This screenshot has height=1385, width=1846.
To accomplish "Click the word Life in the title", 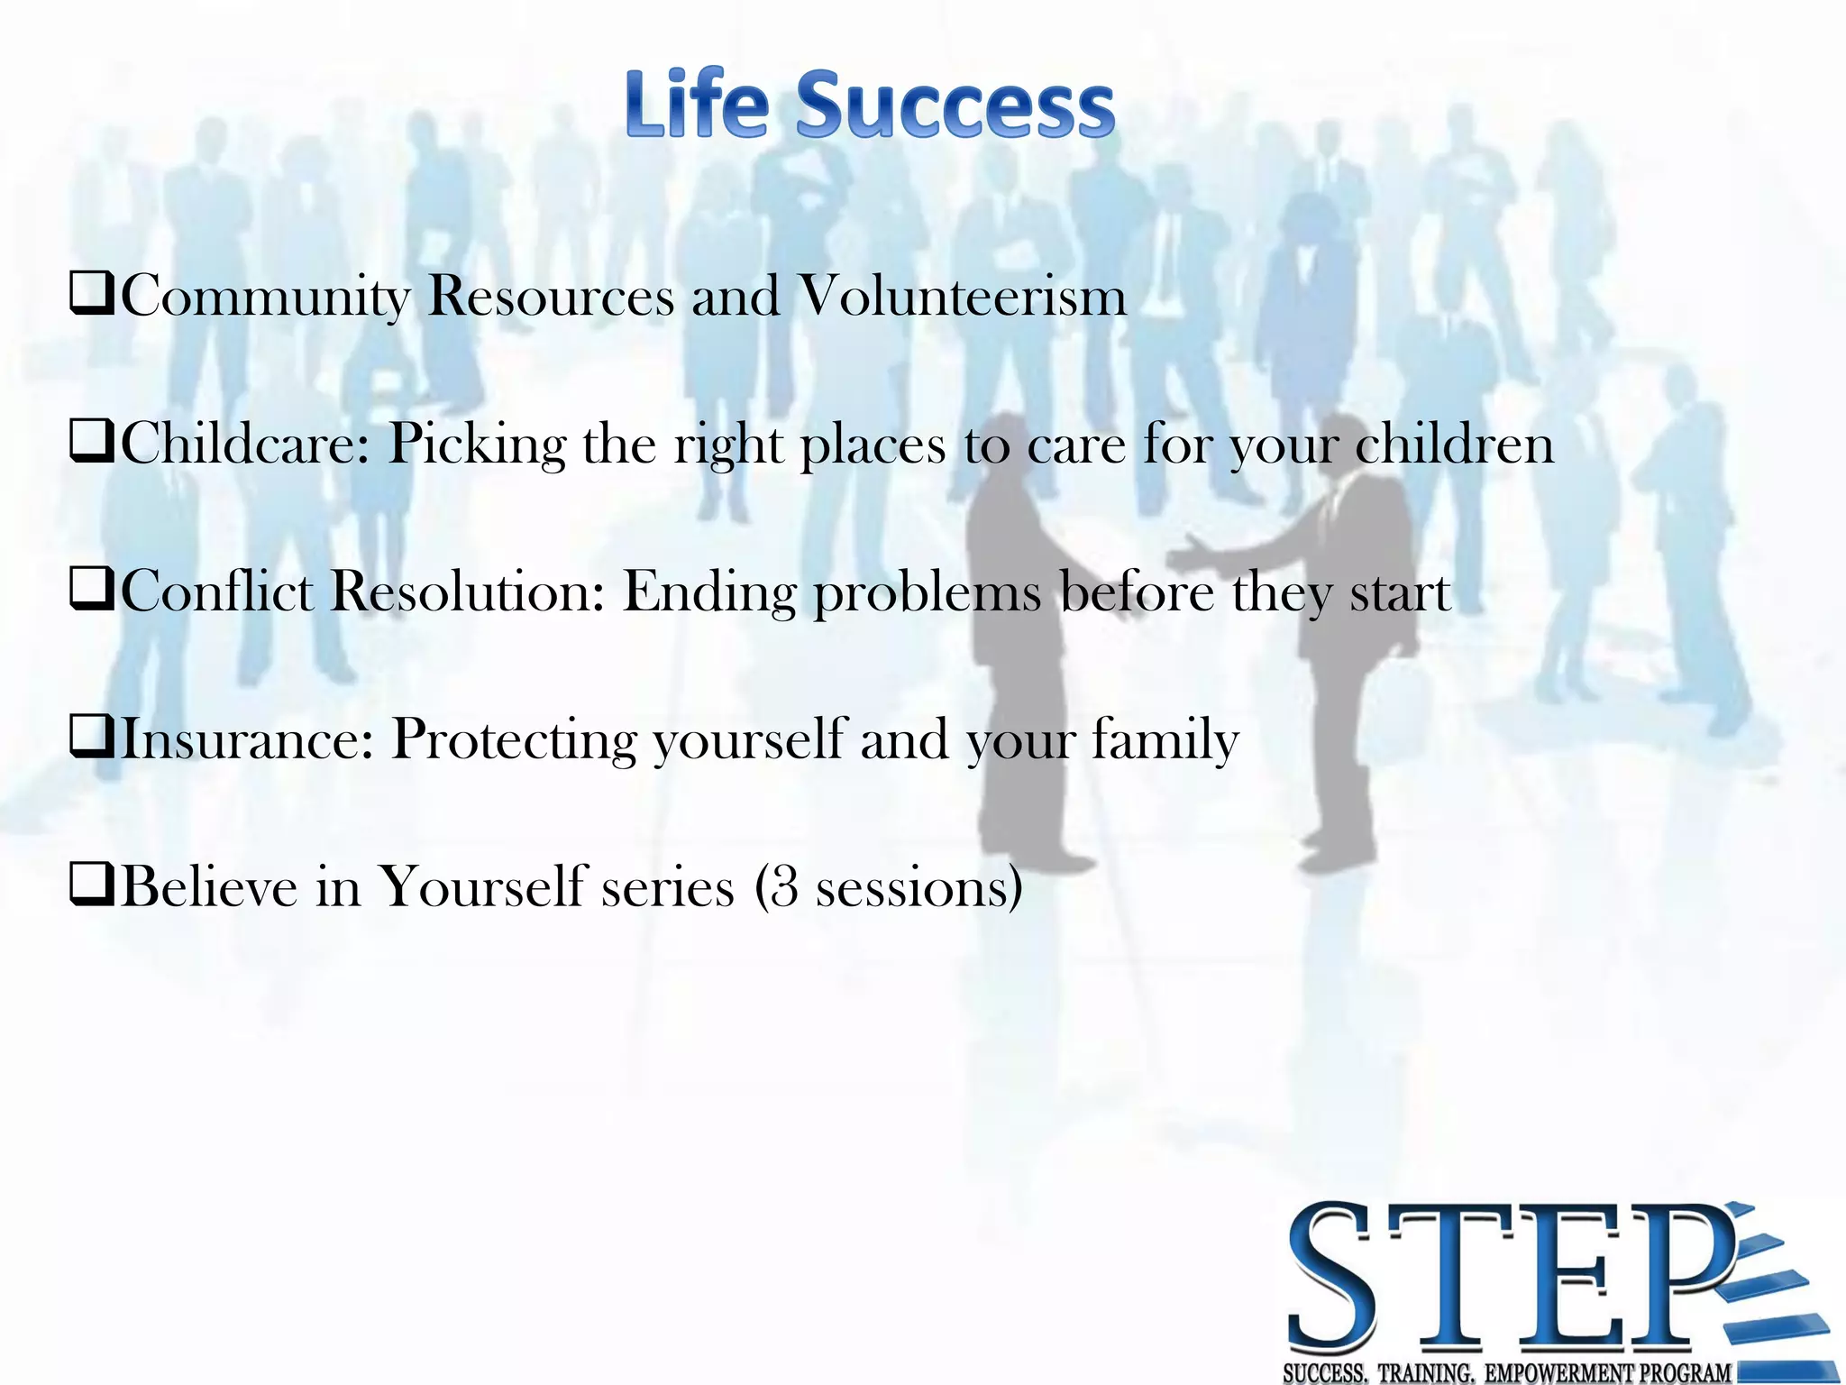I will (x=696, y=105).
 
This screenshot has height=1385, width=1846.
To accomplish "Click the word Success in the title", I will (x=955, y=105).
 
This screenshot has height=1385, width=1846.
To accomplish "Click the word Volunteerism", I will (x=963, y=296).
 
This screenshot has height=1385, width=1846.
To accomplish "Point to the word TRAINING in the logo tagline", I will (x=1425, y=1373).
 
